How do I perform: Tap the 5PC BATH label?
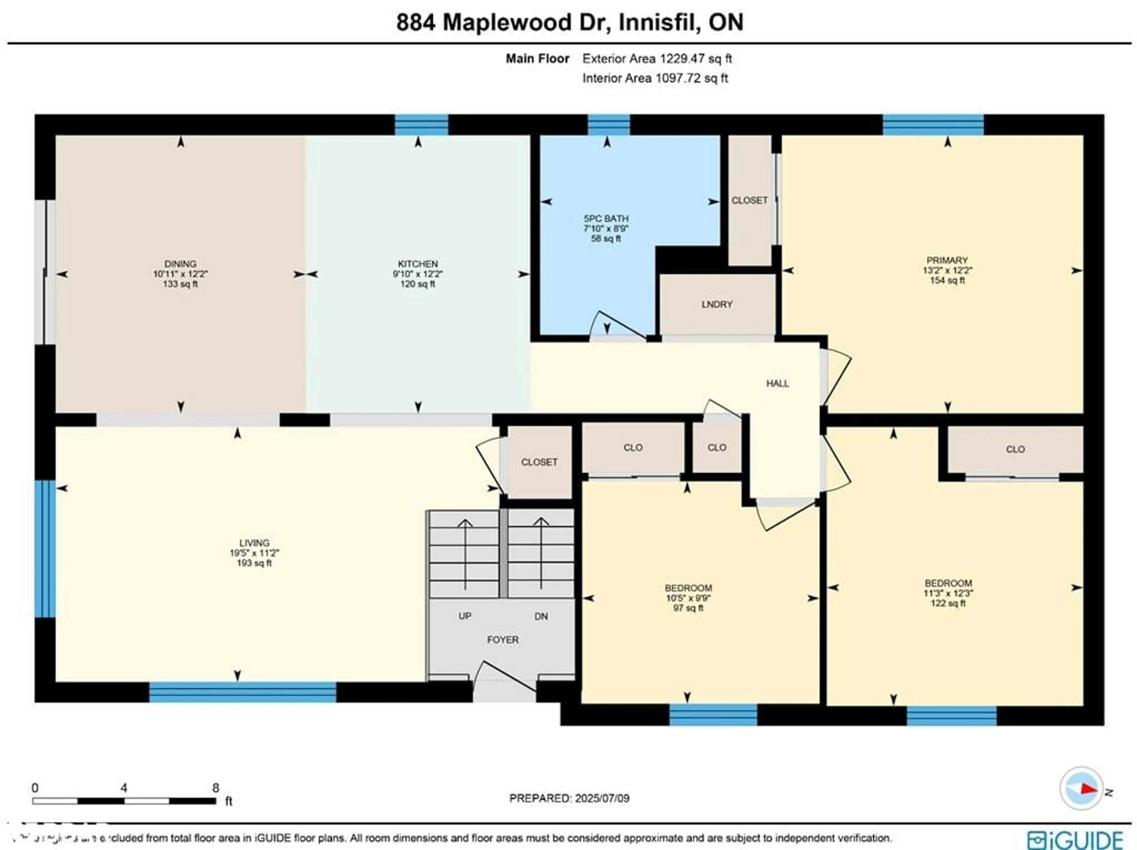pyautogui.click(x=606, y=218)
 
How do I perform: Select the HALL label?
pyautogui.click(x=777, y=383)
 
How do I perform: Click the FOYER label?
pyautogui.click(x=503, y=639)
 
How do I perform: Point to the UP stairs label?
pyautogui.click(x=465, y=616)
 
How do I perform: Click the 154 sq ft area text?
pyautogui.click(x=947, y=280)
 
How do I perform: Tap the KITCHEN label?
pyautogui.click(x=417, y=264)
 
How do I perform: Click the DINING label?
pyautogui.click(x=180, y=264)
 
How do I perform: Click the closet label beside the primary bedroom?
pyautogui.click(x=749, y=200)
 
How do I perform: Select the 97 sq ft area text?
pyautogui.click(x=688, y=608)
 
